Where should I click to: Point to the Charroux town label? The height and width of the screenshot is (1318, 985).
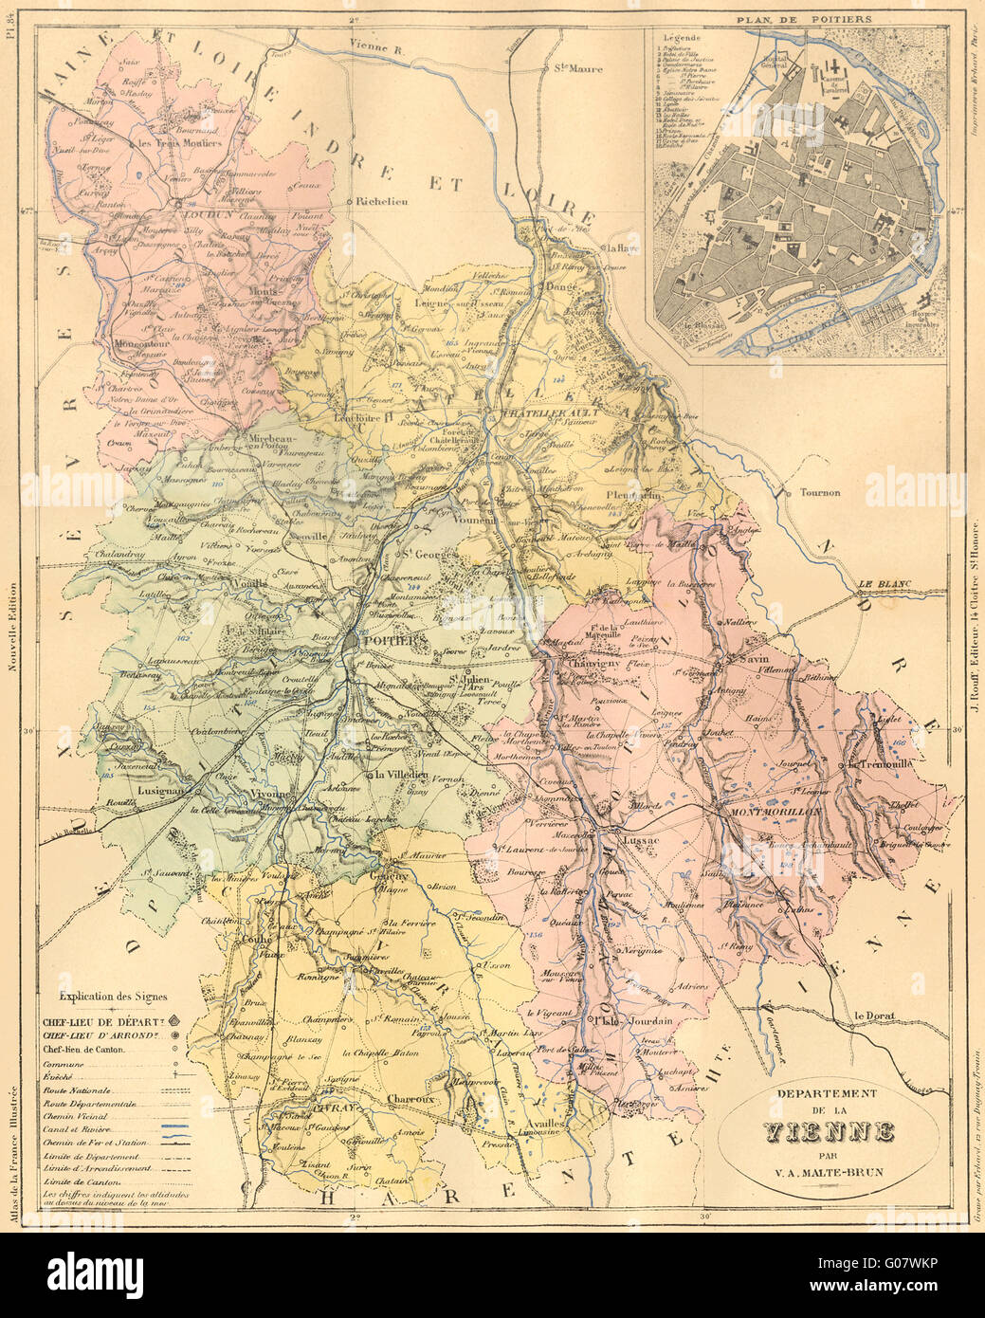411,1100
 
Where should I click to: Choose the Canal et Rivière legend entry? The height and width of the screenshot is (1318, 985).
79,1130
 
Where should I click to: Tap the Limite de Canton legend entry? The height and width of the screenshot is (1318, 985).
79,1183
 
